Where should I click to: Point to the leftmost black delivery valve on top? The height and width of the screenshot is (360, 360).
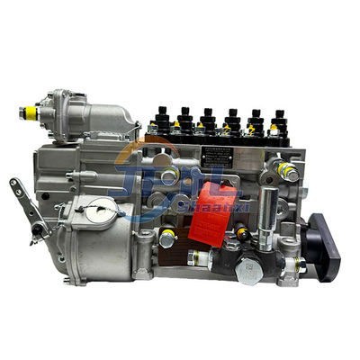click(163, 117)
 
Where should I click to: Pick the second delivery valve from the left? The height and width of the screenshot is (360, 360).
click(184, 118)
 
